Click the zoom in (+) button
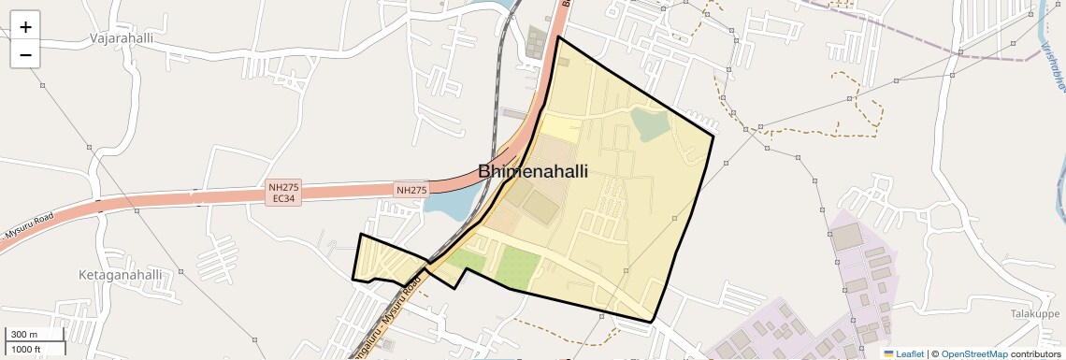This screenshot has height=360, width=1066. (x=25, y=27)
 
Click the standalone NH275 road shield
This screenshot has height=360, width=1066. (x=411, y=190)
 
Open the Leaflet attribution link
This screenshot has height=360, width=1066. (x=903, y=353)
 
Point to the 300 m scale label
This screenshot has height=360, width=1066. (x=24, y=335)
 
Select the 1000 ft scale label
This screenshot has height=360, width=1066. (x=26, y=349)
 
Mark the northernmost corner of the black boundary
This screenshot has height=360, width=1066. (x=558, y=37)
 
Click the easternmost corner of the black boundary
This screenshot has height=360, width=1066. (x=713, y=137)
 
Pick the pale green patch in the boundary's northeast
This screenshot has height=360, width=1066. (x=650, y=123)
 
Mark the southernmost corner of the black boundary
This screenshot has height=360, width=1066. (x=651, y=322)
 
